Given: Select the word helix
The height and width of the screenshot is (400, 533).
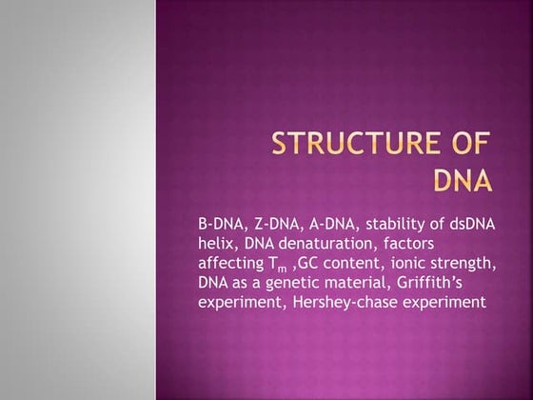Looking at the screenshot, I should [x=215, y=242].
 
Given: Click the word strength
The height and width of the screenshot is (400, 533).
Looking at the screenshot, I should [x=460, y=262].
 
